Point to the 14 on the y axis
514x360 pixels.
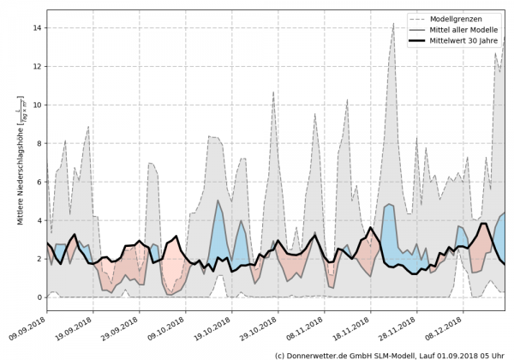tap(38, 28)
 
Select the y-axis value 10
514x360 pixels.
tap(38, 105)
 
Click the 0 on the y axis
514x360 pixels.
tap(39, 297)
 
